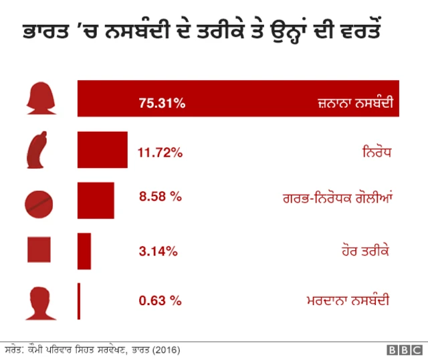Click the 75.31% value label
pos(162,103)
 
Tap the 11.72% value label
pos(160,153)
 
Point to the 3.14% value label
pos(158,252)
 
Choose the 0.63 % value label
pos(160,300)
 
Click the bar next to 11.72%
pos(102,150)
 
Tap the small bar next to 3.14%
pos(84,251)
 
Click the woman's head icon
pos(40,99)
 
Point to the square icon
pos(39,250)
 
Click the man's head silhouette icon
pos(39,302)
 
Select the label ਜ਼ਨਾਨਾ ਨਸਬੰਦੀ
pos(353,104)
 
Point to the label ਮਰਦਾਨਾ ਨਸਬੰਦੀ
pos(348,300)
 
